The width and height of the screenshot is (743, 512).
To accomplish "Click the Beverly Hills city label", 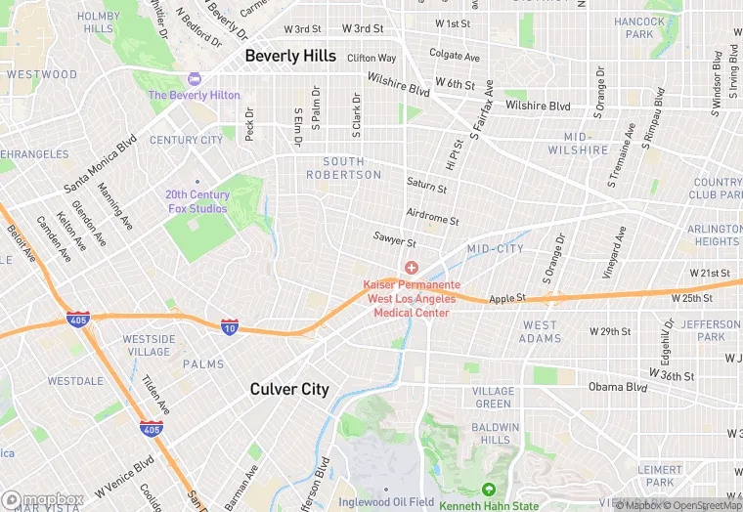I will coord(290,57).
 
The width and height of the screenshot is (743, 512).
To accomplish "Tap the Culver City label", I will coord(289,389).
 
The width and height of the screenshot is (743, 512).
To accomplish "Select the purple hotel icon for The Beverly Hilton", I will coord(194,79).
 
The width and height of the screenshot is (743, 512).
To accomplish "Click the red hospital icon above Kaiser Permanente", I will coord(412,268).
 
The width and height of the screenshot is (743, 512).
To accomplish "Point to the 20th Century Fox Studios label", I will coord(197,201).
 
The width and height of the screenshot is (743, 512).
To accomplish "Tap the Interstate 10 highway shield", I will coord(230,326).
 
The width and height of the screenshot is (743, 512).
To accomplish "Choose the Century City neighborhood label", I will coord(186,141).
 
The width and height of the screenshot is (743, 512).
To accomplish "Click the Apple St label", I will coord(507,297).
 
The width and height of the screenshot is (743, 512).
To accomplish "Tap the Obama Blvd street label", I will coord(618,387).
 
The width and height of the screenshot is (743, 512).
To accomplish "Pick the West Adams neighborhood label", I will coord(540,331).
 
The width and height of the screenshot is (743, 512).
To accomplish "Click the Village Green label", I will coord(493,398).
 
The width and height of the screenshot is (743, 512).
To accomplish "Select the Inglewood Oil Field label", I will coord(386,502).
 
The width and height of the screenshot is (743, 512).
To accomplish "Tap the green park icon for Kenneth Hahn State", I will coord(488,490).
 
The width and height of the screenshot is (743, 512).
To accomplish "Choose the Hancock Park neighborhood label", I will coord(639,27).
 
